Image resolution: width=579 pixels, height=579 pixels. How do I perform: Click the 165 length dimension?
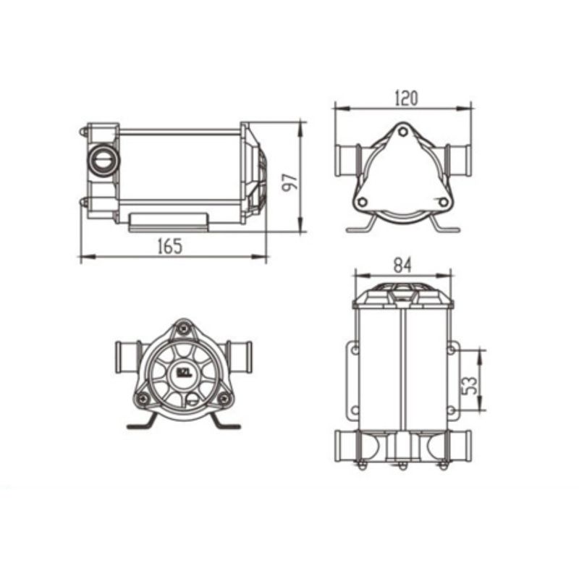tap(169, 246)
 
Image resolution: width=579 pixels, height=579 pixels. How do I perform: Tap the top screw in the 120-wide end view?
tap(402, 132)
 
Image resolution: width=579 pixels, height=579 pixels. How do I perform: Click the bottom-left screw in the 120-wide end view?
tap(363, 202)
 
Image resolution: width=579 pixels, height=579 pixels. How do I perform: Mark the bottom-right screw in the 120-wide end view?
tap(441, 202)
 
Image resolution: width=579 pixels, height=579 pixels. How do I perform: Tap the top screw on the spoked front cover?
tap(185, 329)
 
